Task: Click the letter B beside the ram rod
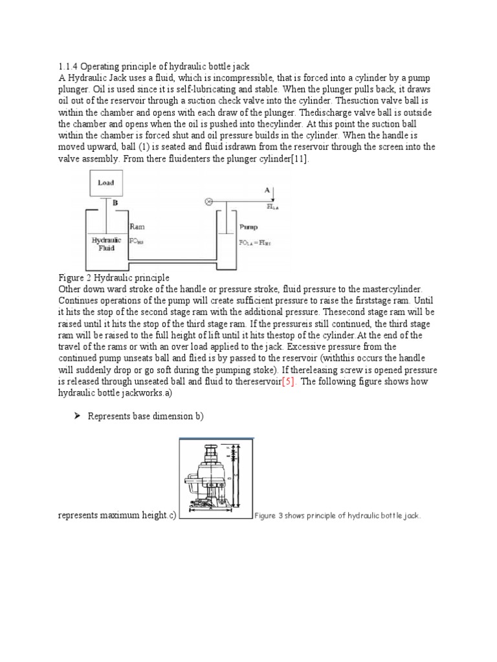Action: point(116,202)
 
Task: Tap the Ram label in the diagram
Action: point(137,227)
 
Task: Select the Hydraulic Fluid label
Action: point(105,243)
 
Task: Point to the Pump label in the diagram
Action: point(248,227)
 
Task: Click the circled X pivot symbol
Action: point(208,202)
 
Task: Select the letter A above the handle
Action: point(266,190)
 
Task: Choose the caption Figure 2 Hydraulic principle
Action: point(113,277)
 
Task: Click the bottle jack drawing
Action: point(215,479)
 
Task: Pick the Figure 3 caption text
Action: point(337,516)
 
